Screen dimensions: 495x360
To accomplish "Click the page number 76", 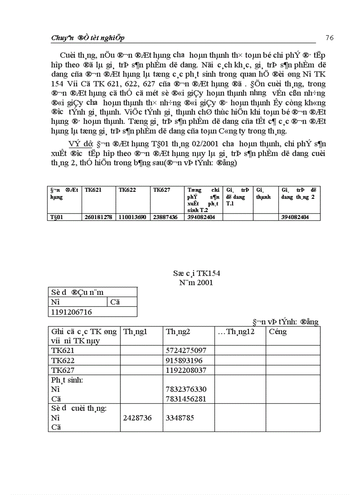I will pos(330,37).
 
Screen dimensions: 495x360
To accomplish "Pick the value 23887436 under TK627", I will pos(165,217).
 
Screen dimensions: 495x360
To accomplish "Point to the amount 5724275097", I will pos(186,351).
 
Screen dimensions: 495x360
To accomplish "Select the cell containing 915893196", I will pos(184,361).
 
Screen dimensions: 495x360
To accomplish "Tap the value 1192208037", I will pos(186,370).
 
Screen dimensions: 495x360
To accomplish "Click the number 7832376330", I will pos(186,390).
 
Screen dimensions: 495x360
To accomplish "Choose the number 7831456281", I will pos(186,399).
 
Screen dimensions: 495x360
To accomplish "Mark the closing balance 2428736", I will pos(137,417).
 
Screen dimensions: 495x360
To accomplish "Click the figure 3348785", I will pos(180,417).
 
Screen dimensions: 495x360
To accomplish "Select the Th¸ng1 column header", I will pos(135,332).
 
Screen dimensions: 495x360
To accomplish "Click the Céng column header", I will pos(277,332).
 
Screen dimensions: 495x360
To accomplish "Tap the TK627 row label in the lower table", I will pos(63,370).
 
